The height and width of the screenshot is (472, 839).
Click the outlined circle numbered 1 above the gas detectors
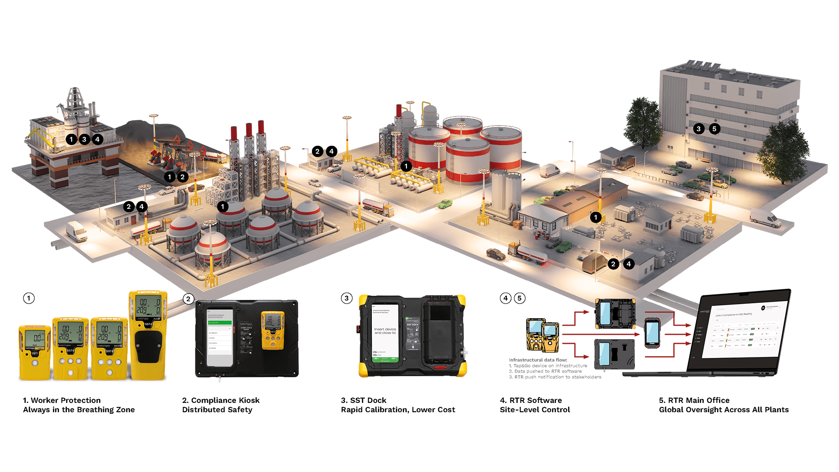click(x=29, y=298)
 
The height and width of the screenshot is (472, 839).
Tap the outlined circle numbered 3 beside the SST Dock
click(x=347, y=298)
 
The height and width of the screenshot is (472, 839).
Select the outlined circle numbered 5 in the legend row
click(x=520, y=298)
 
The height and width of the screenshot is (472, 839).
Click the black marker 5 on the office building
click(x=714, y=129)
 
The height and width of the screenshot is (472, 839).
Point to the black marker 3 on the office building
click(x=699, y=129)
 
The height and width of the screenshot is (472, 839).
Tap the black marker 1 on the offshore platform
click(x=71, y=139)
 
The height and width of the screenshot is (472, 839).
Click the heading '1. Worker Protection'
click(x=62, y=400)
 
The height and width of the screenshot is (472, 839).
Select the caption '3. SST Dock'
click(x=364, y=400)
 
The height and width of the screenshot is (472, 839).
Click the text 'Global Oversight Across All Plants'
click(x=724, y=410)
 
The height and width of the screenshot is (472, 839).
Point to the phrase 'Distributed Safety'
click(x=217, y=410)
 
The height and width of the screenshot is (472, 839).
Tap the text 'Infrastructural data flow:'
click(x=538, y=360)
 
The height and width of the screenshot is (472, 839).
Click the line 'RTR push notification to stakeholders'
click(x=558, y=377)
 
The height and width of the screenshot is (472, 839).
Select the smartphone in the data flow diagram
click(x=652, y=333)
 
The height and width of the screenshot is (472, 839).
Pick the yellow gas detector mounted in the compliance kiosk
click(x=273, y=330)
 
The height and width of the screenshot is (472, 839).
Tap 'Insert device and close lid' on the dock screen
click(x=385, y=331)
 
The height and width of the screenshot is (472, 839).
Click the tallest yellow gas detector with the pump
click(x=148, y=335)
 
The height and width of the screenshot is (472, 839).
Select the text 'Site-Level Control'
click(x=535, y=410)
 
